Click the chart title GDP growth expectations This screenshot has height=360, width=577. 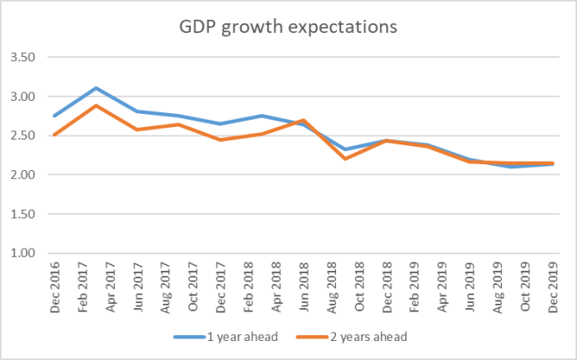288,26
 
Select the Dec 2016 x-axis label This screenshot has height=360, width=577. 54,285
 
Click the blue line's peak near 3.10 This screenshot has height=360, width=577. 96,88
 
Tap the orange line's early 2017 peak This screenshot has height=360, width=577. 96,106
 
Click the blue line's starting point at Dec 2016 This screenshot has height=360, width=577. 54,116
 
